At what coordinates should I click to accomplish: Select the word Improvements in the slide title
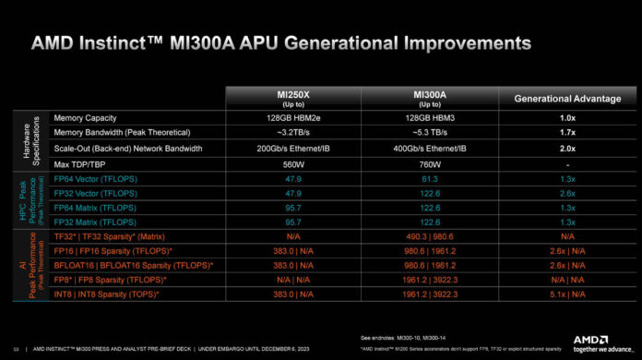pos(463,43)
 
